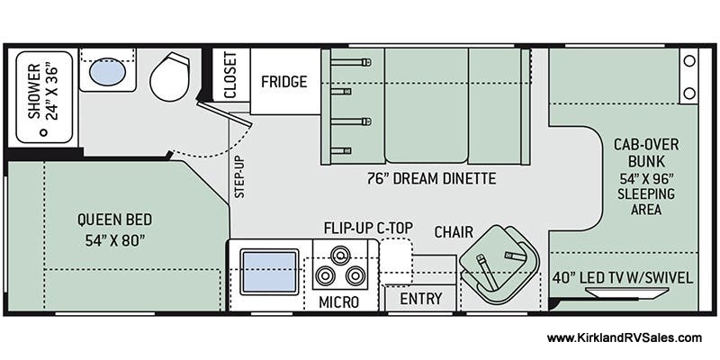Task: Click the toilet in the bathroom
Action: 169,77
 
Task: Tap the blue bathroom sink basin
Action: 107,72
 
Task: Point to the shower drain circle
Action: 43,132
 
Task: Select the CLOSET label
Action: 229,75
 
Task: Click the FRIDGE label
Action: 284,82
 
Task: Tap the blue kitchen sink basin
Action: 269,272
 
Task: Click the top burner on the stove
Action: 340,255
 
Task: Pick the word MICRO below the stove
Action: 338,302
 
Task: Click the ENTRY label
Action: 420,299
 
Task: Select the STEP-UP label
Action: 239,176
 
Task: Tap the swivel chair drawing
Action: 499,264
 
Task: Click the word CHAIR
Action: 454,232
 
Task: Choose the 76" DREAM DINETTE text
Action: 431,178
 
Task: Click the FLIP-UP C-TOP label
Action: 369,228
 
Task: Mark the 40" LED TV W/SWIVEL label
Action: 623,277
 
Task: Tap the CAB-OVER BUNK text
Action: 646,153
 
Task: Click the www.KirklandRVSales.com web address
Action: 624,338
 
